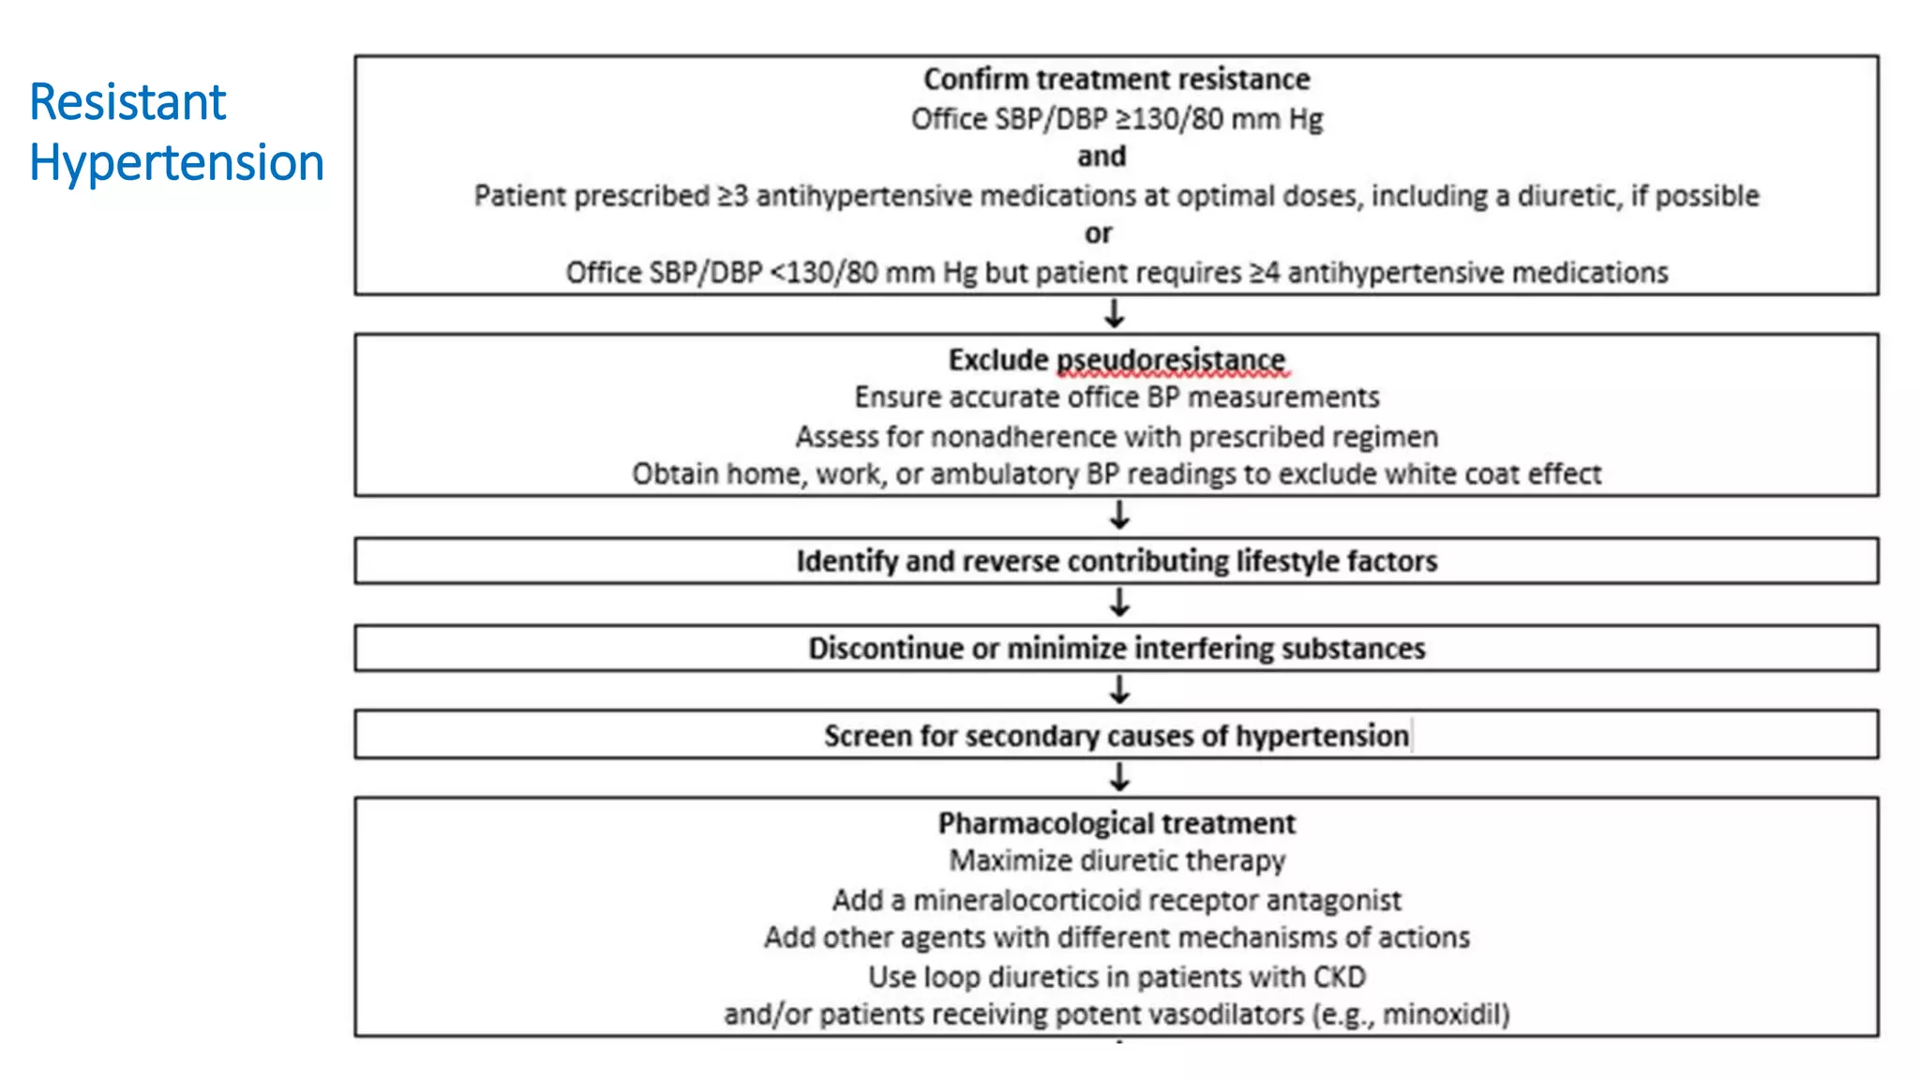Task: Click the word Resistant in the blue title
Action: coord(127,102)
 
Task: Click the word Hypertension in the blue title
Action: coord(176,163)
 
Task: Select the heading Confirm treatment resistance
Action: coord(1116,80)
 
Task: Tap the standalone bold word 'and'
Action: coord(1101,157)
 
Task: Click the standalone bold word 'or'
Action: coord(1098,233)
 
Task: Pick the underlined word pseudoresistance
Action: coord(1171,360)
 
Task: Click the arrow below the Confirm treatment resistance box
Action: coord(1114,313)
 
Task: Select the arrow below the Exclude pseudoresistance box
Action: coord(1118,515)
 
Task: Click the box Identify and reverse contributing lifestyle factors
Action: coord(1116,561)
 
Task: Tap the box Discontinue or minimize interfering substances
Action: coord(1116,648)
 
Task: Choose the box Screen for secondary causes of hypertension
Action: coord(1116,735)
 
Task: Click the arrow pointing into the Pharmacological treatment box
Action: coord(1118,776)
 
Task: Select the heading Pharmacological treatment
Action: coord(1116,823)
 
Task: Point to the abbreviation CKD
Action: coord(1339,977)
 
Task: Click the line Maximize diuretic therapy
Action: coord(1116,861)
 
